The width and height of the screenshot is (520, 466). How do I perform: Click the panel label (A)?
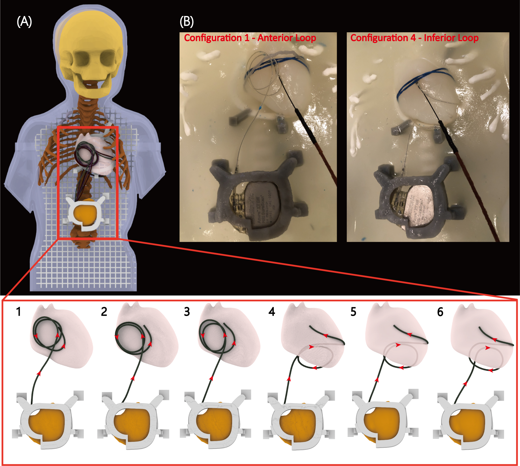(x=24, y=22)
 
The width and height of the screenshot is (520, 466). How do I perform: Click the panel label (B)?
(x=187, y=22)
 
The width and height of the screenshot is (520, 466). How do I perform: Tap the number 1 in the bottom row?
(x=19, y=312)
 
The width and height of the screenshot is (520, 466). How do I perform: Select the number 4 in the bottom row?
(x=272, y=312)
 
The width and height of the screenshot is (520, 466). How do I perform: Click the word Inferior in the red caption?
(x=442, y=38)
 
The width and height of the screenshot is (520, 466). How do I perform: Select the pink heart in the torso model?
(x=97, y=154)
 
